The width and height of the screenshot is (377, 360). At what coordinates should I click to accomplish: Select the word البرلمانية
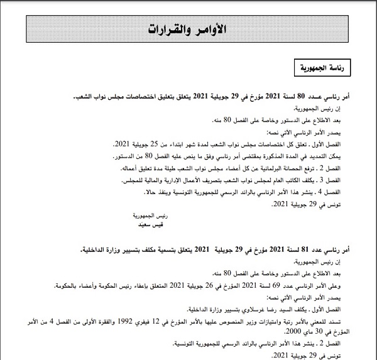275,169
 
